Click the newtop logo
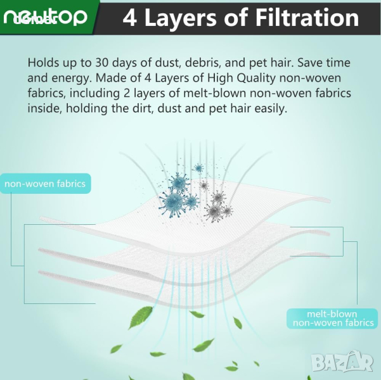45,17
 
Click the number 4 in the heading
130,18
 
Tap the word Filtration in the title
307,17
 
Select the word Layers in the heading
180,19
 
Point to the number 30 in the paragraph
102,63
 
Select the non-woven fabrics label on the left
45,184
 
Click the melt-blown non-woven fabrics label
332,319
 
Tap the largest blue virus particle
173,203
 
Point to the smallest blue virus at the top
199,168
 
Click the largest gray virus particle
214,212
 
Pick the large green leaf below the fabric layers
140,317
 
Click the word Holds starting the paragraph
44,63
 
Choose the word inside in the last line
45,108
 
